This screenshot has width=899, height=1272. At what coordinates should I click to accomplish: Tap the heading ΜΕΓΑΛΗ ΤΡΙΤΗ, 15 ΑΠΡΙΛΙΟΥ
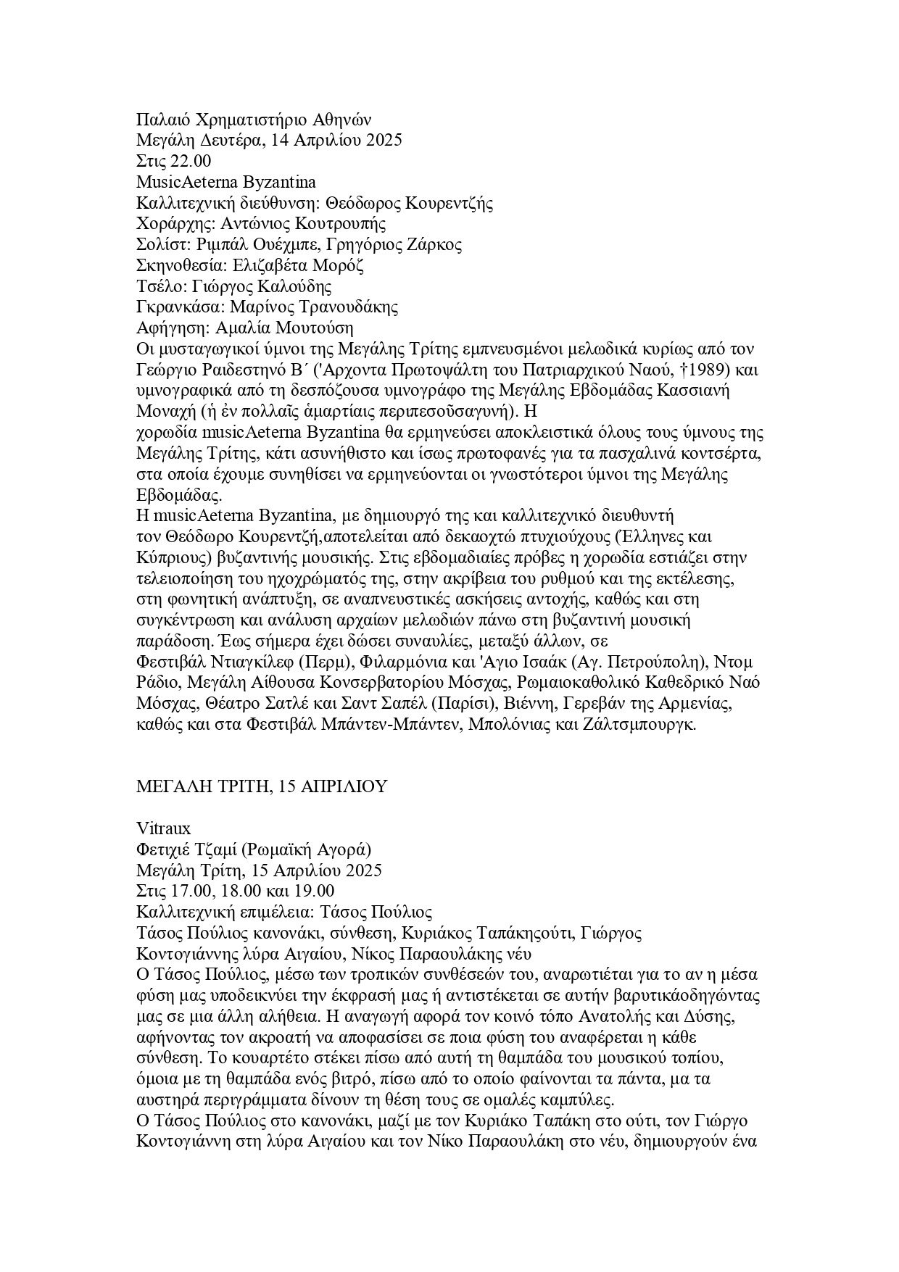coord(262,786)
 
